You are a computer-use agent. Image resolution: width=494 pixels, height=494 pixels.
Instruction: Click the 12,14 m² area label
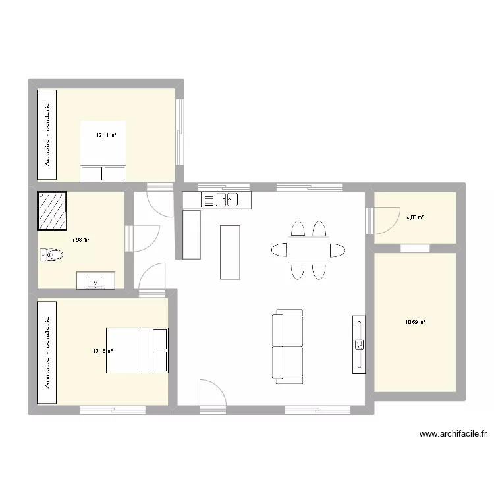point(106,136)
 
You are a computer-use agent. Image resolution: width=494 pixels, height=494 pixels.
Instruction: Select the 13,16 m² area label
point(103,351)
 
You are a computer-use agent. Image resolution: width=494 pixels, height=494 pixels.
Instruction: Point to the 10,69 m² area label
point(415,322)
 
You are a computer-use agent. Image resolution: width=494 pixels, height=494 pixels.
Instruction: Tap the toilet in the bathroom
point(50,254)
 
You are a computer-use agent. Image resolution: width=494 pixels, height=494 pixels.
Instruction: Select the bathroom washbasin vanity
point(96,281)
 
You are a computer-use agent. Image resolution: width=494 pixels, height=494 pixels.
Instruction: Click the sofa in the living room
point(288,346)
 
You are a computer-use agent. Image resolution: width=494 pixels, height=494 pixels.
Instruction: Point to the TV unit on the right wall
point(359,344)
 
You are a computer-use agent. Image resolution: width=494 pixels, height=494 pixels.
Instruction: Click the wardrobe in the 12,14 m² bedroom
point(47,134)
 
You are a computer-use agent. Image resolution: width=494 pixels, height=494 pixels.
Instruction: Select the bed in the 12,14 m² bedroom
point(103,150)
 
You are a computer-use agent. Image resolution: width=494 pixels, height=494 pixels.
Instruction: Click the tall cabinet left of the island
point(192,234)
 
